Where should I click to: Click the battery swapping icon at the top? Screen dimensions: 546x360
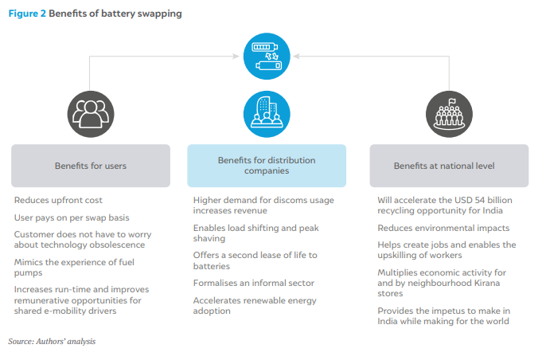(267, 56)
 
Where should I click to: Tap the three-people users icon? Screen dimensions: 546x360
(91, 115)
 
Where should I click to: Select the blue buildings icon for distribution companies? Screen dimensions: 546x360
(267, 115)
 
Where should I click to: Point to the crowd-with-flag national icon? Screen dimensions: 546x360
(449, 115)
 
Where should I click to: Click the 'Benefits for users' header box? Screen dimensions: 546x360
(91, 166)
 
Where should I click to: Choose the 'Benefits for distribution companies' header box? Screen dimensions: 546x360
(267, 166)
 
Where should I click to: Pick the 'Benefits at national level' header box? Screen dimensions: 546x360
(449, 166)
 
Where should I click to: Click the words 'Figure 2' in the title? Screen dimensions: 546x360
(27, 14)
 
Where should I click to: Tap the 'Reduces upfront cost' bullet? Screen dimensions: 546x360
(58, 201)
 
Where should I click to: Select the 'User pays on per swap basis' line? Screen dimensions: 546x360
(72, 217)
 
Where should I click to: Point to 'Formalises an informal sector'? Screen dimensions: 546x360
(254, 283)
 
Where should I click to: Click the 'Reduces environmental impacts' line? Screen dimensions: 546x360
(443, 228)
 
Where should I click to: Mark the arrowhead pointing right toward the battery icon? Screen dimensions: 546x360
(236, 56)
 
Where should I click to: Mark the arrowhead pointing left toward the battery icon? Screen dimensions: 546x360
(297, 56)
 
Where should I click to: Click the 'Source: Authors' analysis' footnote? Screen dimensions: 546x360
(52, 342)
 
